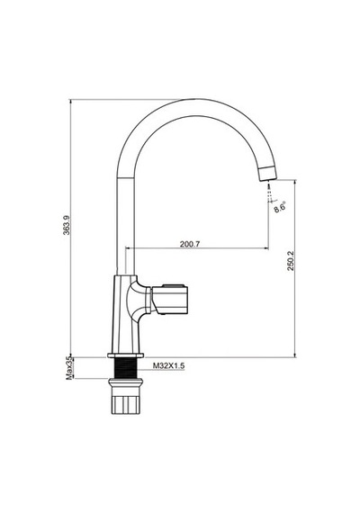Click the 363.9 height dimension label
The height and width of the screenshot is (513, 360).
[67, 225]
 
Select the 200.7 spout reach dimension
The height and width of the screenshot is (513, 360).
[190, 244]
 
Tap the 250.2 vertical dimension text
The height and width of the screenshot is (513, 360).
[291, 261]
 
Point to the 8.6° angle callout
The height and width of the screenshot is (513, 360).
[280, 207]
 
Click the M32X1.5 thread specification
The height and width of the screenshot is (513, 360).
[169, 365]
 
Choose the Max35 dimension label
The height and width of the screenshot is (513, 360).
[68, 368]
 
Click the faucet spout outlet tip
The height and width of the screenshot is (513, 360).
[268, 173]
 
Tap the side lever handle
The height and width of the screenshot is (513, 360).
[170, 300]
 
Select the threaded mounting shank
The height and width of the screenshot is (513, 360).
[125, 368]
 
